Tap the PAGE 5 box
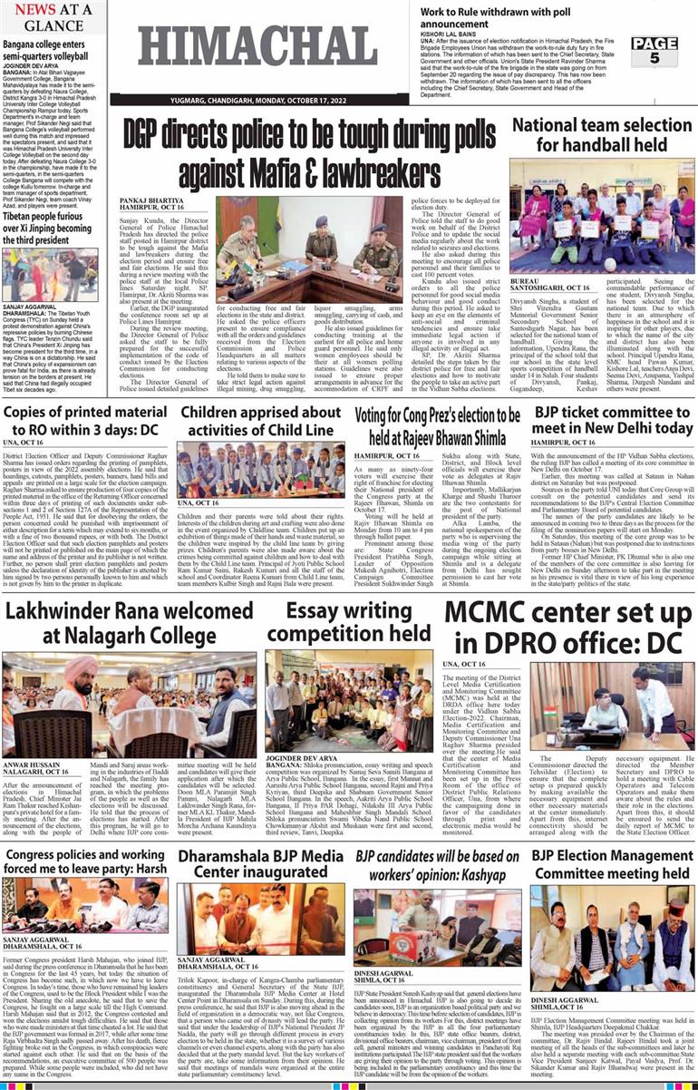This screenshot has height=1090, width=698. tap(669, 51)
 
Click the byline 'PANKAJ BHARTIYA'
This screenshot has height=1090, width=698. tap(153, 197)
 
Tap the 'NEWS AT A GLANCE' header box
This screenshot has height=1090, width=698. tap(53, 16)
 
